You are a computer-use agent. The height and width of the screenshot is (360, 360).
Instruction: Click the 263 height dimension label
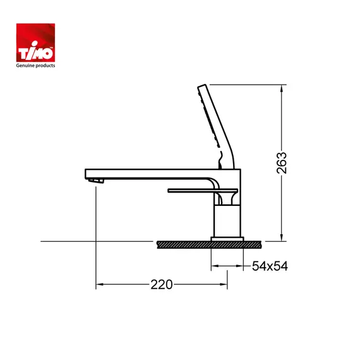pyautogui.click(x=282, y=163)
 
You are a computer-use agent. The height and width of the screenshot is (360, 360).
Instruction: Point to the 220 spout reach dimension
pyautogui.click(x=161, y=285)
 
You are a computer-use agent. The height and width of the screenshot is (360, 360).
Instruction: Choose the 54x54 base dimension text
pyautogui.click(x=270, y=267)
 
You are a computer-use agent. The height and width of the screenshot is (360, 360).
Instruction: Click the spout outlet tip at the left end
pyautogui.click(x=95, y=181)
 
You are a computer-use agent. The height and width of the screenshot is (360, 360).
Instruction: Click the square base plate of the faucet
pyautogui.click(x=227, y=237)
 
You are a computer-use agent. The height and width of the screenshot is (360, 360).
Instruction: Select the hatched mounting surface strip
pyautogui.click(x=208, y=243)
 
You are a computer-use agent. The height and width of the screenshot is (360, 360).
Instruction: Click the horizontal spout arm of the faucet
pyautogui.click(x=152, y=173)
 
